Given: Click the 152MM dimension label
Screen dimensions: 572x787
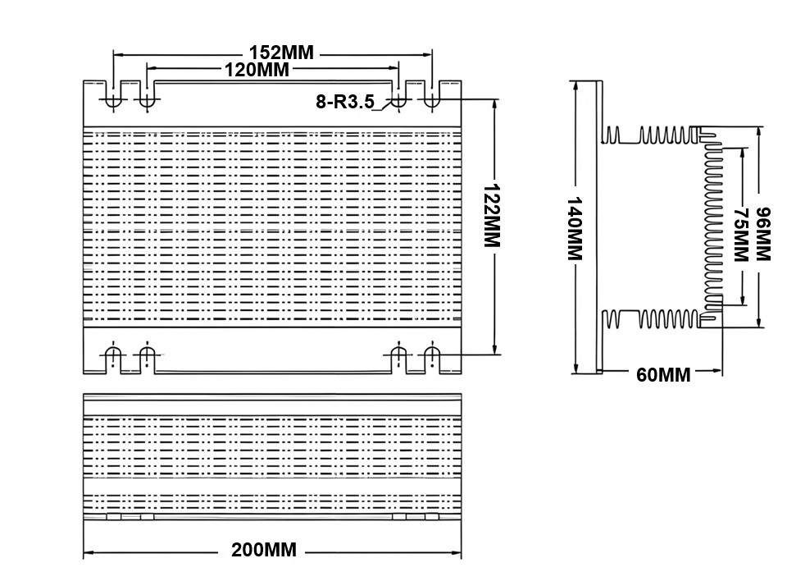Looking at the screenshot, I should pyautogui.click(x=281, y=53).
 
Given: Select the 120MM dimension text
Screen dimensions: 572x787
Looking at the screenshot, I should pyautogui.click(x=257, y=70).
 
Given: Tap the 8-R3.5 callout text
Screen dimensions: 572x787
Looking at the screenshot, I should pyautogui.click(x=344, y=102).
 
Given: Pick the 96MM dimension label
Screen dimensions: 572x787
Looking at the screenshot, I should pyautogui.click(x=762, y=234).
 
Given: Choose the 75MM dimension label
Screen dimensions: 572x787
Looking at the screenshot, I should pyautogui.click(x=741, y=235).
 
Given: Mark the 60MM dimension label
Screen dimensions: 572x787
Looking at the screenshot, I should pyautogui.click(x=663, y=375).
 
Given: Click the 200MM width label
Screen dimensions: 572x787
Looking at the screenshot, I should pyautogui.click(x=263, y=550).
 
